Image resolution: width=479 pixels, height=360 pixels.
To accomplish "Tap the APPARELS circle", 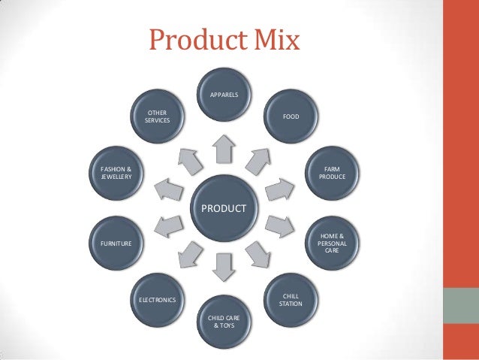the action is (223, 97).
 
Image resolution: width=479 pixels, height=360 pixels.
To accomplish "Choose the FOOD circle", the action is (290, 117).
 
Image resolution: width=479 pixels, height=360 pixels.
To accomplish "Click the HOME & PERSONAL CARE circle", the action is (331, 243).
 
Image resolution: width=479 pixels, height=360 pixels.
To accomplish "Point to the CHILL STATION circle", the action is (290, 301).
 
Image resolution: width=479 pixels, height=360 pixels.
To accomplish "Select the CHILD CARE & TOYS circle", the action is (223, 322).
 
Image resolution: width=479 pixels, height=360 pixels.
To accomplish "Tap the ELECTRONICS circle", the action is (158, 301).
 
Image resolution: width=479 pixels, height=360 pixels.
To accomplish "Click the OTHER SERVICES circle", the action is (158, 117).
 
